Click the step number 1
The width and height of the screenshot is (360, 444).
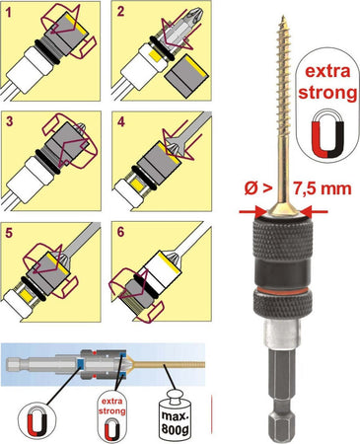[x=8, y=13]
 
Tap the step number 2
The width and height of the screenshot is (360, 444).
[x=120, y=12]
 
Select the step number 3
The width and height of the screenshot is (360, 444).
[x=10, y=121]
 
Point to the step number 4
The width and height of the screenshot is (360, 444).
[x=121, y=122]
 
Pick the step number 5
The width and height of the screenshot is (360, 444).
[x=9, y=233]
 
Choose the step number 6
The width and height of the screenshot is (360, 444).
[x=120, y=232]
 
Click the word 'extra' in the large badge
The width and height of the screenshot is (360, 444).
[x=327, y=71]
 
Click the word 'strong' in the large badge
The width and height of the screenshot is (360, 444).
[x=327, y=93]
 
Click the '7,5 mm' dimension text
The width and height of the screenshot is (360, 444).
[x=322, y=188]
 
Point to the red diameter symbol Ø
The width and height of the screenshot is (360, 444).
[x=251, y=188]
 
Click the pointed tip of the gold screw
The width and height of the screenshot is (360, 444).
[x=283, y=16]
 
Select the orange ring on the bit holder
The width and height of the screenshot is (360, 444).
[x=283, y=290]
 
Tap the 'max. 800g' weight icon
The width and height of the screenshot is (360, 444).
[x=175, y=415]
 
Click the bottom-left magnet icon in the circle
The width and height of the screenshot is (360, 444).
[x=36, y=422]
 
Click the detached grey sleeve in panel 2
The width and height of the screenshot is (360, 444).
[x=185, y=76]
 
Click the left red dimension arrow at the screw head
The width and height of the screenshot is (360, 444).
[x=252, y=212]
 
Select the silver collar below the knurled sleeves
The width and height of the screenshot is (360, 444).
[x=283, y=333]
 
